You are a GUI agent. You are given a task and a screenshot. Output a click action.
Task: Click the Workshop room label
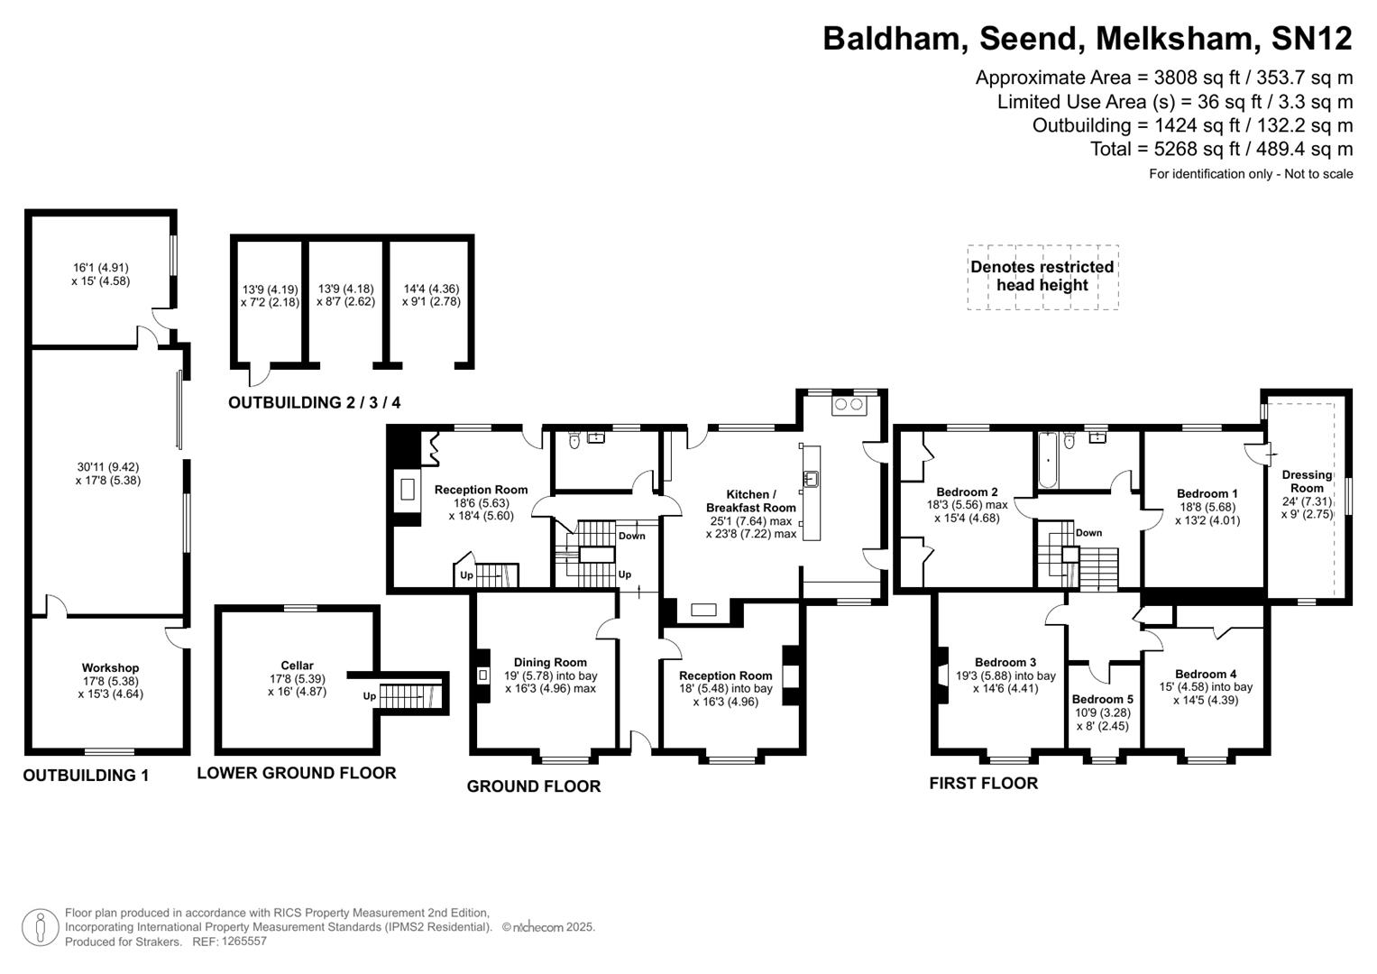coord(111,668)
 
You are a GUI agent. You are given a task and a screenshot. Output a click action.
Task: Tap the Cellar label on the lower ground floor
coord(297,666)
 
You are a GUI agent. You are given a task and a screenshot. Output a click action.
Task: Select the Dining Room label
coord(550,662)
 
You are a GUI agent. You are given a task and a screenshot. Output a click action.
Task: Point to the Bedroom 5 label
coord(1102,699)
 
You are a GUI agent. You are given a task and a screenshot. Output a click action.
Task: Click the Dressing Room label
coord(1307,482)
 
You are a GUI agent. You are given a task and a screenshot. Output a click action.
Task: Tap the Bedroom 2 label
coord(967,492)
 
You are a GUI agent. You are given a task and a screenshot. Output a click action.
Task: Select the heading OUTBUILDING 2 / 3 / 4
coord(314,403)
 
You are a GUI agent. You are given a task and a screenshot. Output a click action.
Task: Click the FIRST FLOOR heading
coord(983,784)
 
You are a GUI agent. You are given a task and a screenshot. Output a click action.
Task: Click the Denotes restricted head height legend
coord(1042,276)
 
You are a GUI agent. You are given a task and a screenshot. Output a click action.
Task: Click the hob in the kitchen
coord(849,405)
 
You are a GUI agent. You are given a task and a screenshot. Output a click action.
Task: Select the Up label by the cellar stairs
coord(369,696)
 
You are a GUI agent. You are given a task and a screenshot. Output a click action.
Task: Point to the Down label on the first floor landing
coord(1088,533)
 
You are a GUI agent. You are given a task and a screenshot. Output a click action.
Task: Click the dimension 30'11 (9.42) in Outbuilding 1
coord(108,467)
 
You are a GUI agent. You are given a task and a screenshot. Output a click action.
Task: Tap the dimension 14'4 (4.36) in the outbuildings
coord(431,289)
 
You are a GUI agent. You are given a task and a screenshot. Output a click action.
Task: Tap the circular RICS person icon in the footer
coord(40,928)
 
